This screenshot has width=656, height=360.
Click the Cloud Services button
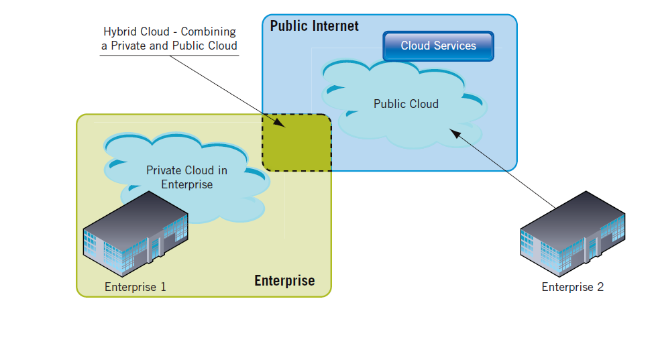coord(438,46)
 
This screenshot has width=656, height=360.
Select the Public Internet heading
coord(314,26)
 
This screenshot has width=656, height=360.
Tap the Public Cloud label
coord(406,104)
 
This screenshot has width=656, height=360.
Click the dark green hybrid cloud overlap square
coord(296,142)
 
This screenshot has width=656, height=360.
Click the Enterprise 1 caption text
coord(135,287)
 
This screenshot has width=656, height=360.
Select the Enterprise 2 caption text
coord(572,287)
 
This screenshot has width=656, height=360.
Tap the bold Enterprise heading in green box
coord(284,280)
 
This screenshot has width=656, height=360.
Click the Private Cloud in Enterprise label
coord(186,177)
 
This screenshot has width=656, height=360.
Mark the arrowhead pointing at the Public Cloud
coord(455,134)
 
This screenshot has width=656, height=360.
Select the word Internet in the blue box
coord(336,26)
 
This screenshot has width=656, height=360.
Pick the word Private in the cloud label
coord(164,170)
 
